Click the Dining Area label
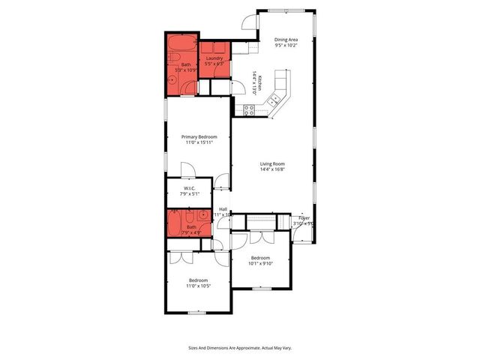(286, 40)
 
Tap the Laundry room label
(215, 58)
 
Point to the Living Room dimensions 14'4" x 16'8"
(273, 169)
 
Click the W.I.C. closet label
(190, 187)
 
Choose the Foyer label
(304, 217)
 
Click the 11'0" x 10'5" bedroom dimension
(199, 286)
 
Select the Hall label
(223, 209)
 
